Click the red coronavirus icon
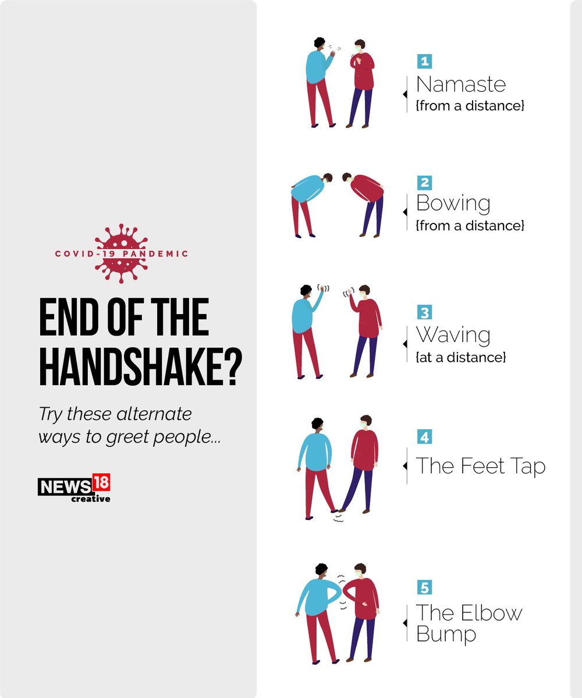121,254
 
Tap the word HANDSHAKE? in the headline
140,366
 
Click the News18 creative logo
74,488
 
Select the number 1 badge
424,61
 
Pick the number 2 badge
424,183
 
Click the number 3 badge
424,312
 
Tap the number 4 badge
424,437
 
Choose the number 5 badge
424,587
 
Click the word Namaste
460,84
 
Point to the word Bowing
453,204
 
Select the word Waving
453,335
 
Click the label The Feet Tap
480,466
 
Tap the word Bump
446,635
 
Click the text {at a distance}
460,357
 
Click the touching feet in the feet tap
338,511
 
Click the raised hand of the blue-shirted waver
322,287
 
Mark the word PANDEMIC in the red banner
155,254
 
